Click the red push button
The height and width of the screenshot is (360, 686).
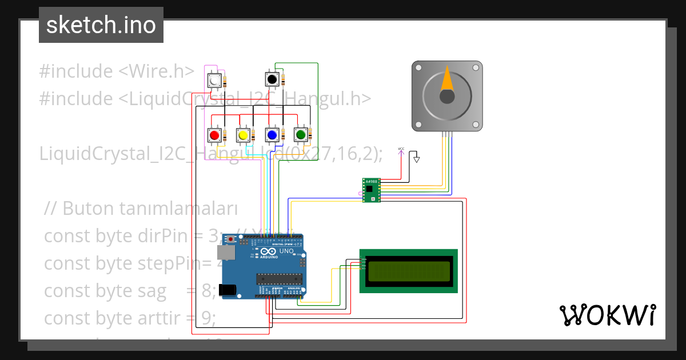[214, 135]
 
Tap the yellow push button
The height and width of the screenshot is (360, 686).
[243, 135]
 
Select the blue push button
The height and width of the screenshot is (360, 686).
[272, 135]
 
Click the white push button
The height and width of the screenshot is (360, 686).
[214, 81]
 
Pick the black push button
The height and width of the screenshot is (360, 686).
[272, 78]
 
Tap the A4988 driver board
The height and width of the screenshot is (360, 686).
[371, 190]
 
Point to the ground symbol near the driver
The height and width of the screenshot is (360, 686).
[417, 159]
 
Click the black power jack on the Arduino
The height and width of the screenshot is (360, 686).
[229, 290]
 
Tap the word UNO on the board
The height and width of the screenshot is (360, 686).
[286, 251]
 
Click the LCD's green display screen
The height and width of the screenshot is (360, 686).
[409, 271]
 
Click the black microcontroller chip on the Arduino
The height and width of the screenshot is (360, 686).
[278, 278]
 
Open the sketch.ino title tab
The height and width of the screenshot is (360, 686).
[101, 25]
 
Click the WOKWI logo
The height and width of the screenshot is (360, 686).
[607, 315]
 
